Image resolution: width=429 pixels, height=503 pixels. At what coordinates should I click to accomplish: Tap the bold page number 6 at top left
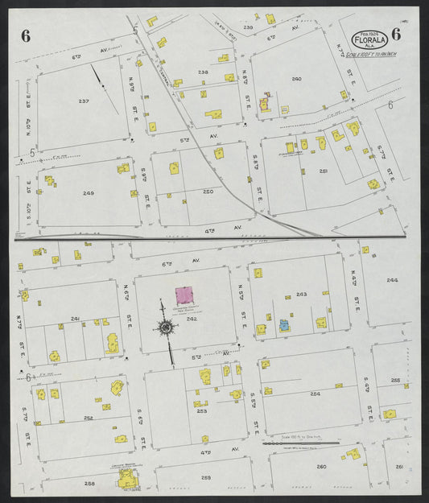coord(27,35)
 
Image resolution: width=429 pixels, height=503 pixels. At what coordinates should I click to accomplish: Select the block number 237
coord(84,101)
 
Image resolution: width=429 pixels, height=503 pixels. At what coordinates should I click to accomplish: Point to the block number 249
coord(88,193)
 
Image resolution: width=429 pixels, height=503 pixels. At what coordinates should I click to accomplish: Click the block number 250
coord(208,192)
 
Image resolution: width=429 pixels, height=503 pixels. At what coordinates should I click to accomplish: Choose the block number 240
coord(296,79)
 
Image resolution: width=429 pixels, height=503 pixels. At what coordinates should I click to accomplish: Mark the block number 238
coord(203,72)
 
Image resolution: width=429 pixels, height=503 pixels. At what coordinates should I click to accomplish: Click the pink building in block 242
coord(186,296)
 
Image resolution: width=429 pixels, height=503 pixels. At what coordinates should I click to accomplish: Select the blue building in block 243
coord(283,325)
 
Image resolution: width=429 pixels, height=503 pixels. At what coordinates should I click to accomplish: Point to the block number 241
coord(75,319)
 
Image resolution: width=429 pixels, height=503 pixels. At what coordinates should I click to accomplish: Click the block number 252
coord(88,418)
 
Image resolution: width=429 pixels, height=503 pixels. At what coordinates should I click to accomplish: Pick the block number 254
coord(315,394)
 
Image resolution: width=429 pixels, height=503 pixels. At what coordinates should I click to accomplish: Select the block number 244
coord(392,280)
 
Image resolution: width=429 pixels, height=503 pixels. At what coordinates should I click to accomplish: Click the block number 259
coord(206,478)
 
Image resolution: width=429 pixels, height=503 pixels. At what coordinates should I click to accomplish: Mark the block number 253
coord(201,410)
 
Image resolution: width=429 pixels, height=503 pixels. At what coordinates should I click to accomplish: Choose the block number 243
coord(301,295)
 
